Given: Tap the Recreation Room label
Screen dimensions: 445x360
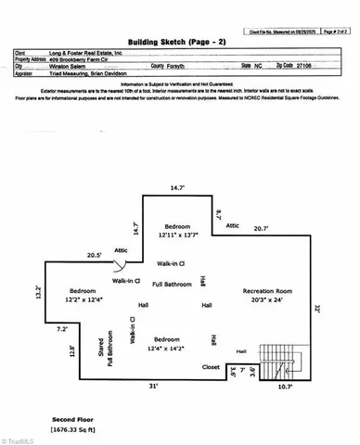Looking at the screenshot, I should coord(268,292).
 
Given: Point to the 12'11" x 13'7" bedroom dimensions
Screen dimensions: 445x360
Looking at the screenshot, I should coord(177,235).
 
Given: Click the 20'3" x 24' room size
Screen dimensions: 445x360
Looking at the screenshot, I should coord(268,300).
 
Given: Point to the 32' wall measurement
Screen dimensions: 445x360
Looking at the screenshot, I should coord(317,309).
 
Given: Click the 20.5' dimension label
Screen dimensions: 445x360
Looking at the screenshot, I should coord(94,255).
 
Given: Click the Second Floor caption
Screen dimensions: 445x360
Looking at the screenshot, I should coord(71,420).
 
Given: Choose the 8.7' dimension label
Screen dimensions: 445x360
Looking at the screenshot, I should coord(219,214).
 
